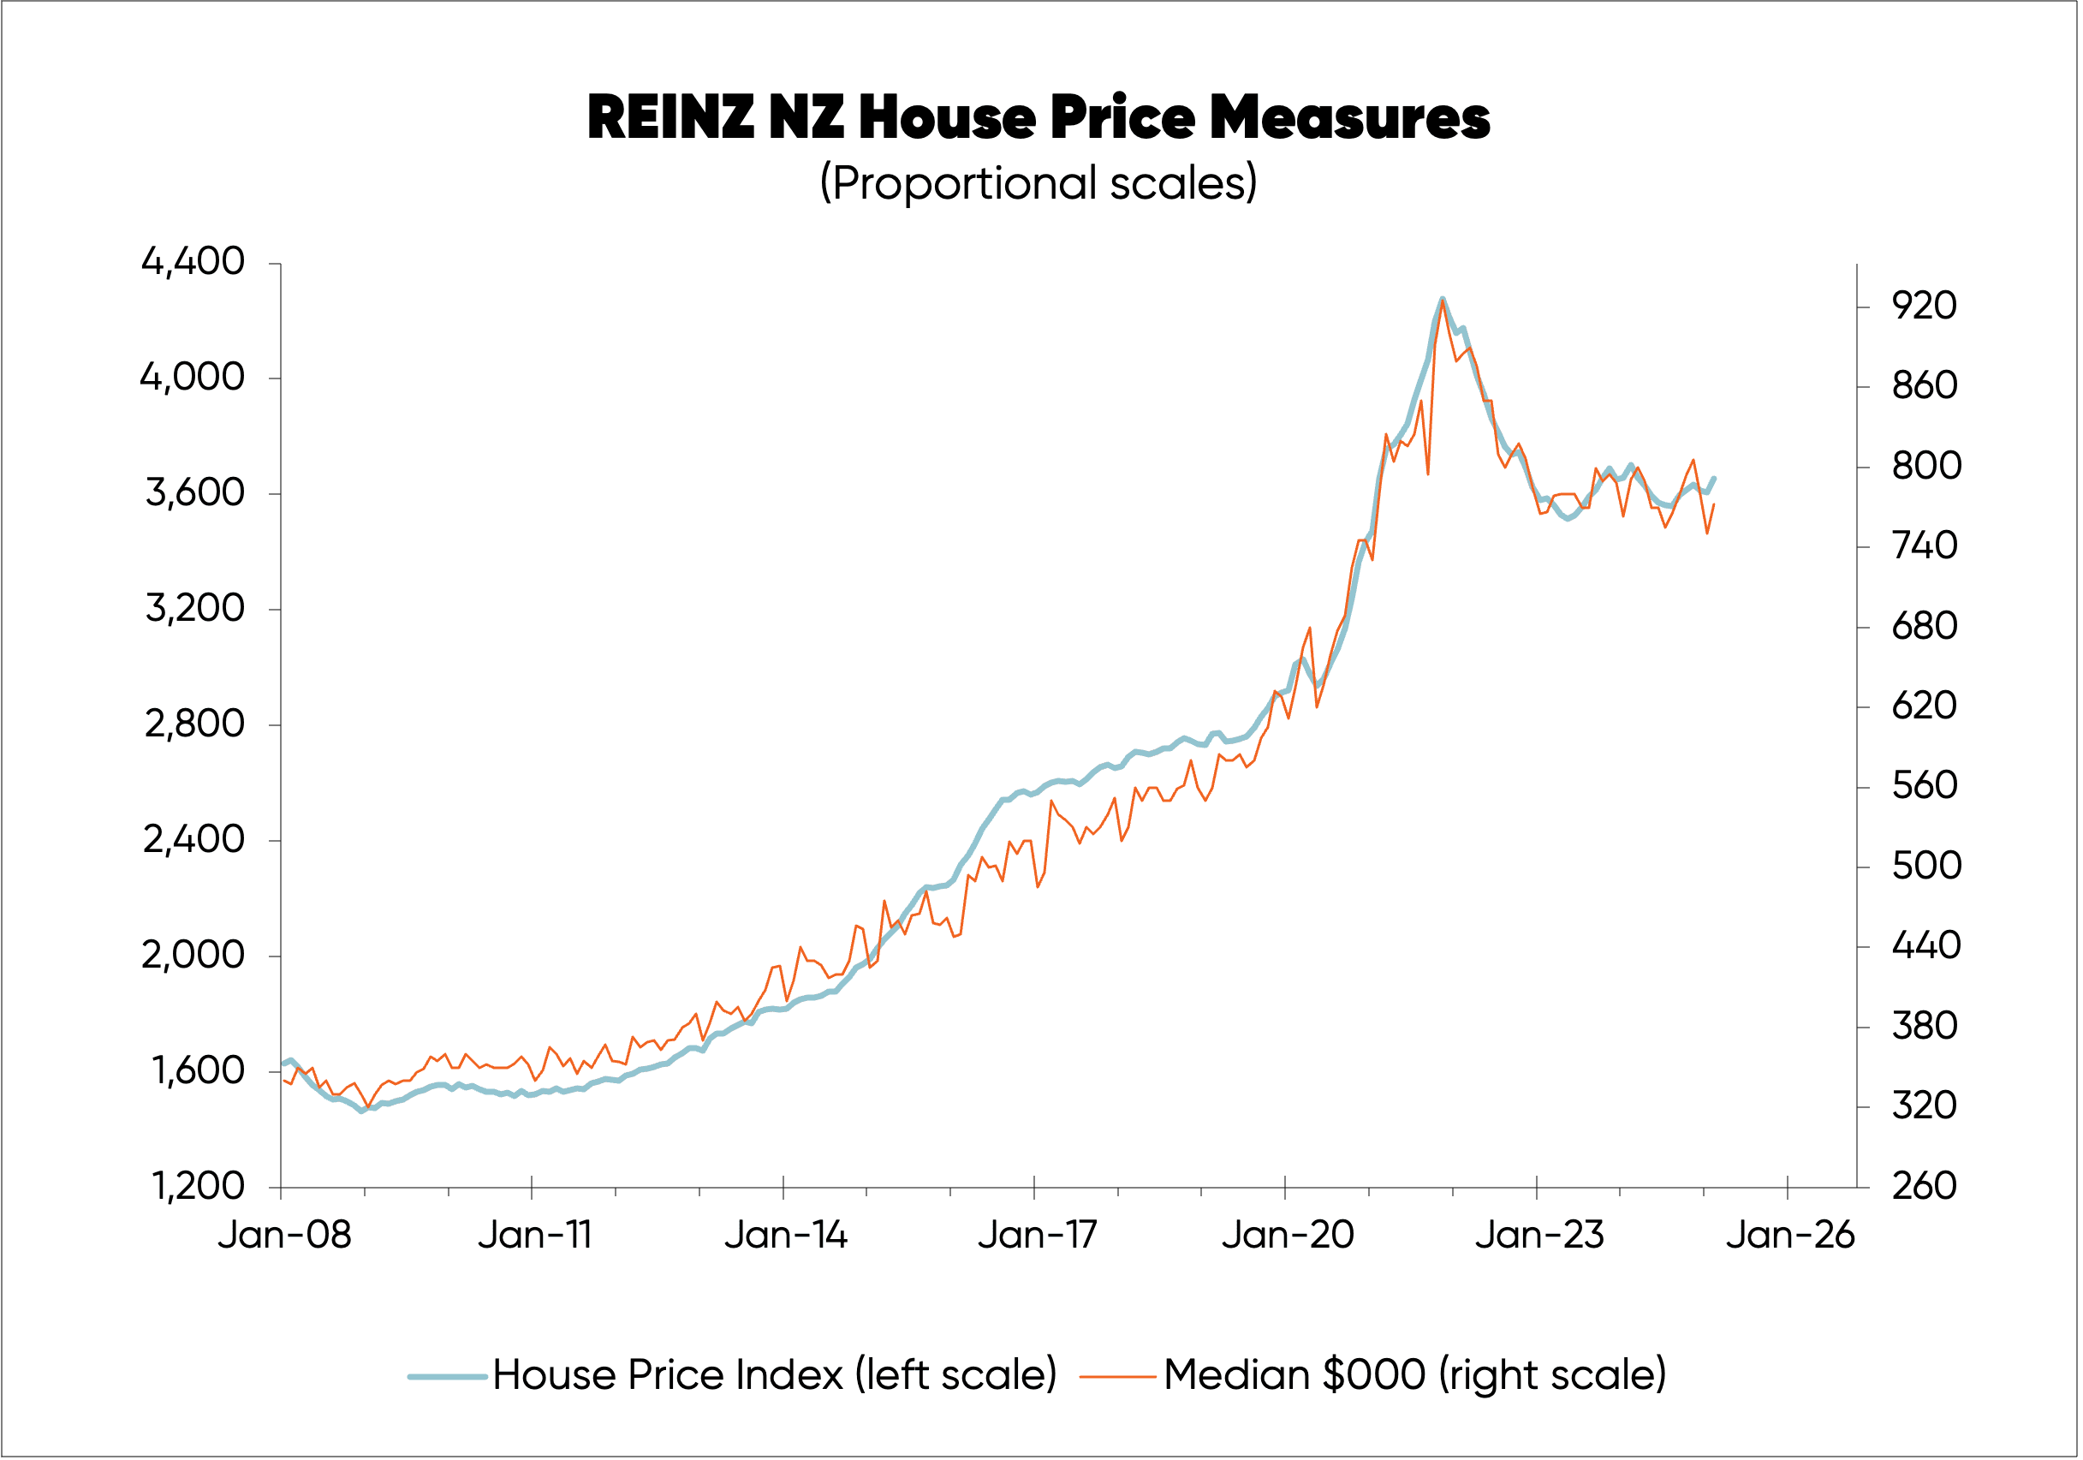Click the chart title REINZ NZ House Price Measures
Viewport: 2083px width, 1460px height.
[1038, 118]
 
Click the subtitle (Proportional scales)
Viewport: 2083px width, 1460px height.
[1038, 183]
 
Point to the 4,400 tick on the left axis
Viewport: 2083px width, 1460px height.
[193, 262]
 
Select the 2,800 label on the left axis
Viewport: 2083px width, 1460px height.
[194, 724]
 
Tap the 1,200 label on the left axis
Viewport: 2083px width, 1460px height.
[198, 1186]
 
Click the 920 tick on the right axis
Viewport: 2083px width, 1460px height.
[1925, 307]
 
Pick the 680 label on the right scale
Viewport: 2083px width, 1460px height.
[1925, 626]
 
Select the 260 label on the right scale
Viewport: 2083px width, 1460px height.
[1925, 1186]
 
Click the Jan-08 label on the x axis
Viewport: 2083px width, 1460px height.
[284, 1235]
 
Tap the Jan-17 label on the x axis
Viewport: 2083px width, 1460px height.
[1037, 1235]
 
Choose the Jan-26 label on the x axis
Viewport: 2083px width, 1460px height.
[1789, 1235]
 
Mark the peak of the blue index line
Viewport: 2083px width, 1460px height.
[1442, 299]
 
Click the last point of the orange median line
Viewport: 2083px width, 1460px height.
[1714, 504]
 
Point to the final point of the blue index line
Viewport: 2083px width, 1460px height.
[1714, 478]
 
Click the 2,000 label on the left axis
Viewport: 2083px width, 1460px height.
[193, 955]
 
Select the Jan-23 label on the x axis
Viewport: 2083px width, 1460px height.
[1538, 1235]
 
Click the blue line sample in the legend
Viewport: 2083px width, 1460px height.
[447, 1377]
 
